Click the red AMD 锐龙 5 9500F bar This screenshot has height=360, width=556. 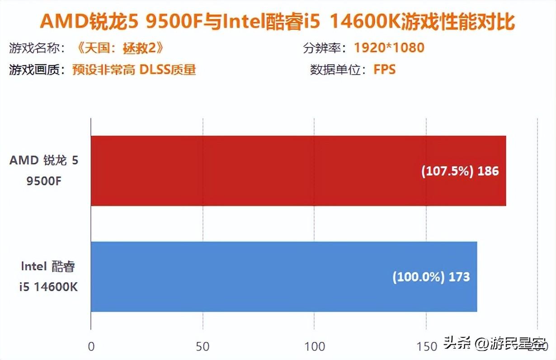[x=298, y=171]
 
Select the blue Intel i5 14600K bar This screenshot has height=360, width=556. [x=284, y=276]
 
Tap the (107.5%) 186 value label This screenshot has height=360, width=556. [x=460, y=171]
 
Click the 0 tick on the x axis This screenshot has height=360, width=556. [x=91, y=346]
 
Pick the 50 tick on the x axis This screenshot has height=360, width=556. [x=203, y=346]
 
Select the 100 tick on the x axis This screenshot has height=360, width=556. [x=315, y=346]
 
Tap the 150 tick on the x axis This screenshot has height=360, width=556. [x=426, y=346]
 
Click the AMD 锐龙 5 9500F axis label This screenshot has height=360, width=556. [x=44, y=171]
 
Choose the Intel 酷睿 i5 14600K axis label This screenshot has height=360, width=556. [x=48, y=276]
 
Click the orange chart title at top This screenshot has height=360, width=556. [x=278, y=21]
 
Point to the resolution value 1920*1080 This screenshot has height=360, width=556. [x=389, y=47]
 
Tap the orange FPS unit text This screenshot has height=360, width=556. [x=384, y=70]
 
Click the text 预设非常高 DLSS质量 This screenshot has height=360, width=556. [x=134, y=70]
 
